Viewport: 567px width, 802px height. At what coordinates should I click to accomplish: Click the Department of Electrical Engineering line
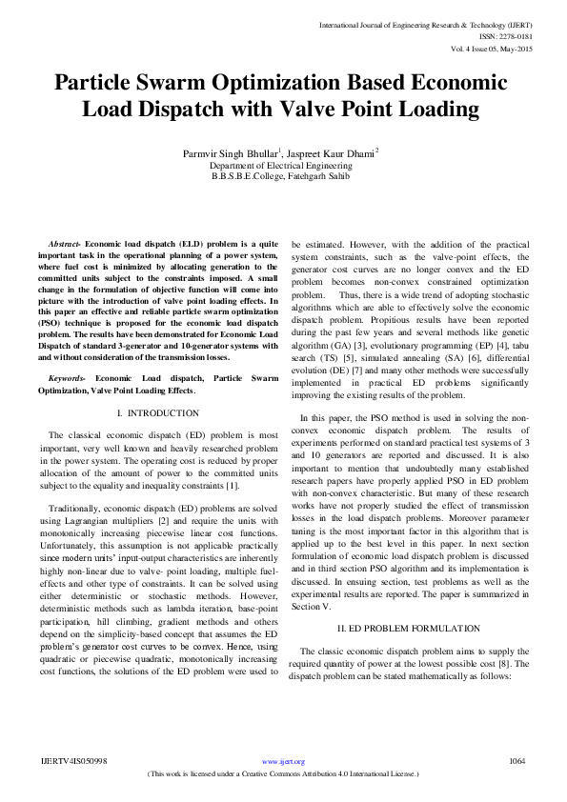pos(283,165)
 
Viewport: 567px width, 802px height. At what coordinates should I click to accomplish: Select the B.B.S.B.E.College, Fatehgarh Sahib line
pos(283,176)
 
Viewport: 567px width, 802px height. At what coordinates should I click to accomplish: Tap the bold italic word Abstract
pos(64,246)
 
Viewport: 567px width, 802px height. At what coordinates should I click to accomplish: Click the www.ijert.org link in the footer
pos(283,762)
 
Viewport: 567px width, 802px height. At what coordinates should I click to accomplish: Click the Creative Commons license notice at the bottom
pos(283,774)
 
